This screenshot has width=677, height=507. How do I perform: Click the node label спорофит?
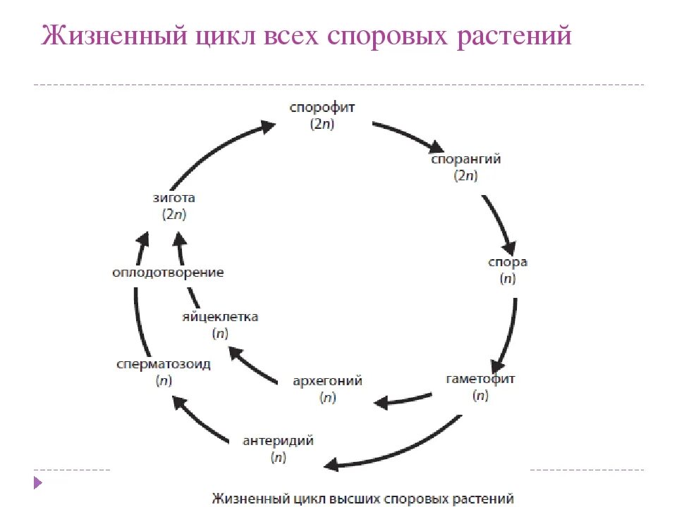click(x=322, y=108)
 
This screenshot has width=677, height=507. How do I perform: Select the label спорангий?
click(x=466, y=159)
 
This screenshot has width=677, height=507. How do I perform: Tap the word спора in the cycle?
click(x=508, y=263)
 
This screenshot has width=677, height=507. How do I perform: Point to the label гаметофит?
click(x=481, y=379)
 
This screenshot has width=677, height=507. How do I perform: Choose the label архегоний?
click(x=327, y=381)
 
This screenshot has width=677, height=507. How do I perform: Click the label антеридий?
click(x=278, y=442)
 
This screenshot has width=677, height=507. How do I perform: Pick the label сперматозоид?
click(x=164, y=364)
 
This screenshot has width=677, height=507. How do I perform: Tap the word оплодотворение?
click(x=168, y=273)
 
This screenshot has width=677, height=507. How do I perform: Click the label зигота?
click(x=173, y=198)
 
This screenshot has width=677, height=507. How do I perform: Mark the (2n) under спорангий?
click(x=466, y=176)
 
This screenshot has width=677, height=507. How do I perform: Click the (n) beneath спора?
click(x=508, y=279)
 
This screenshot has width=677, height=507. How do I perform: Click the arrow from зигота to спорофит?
click(x=219, y=151)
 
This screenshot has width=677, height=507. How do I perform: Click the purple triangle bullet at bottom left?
click(x=38, y=483)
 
